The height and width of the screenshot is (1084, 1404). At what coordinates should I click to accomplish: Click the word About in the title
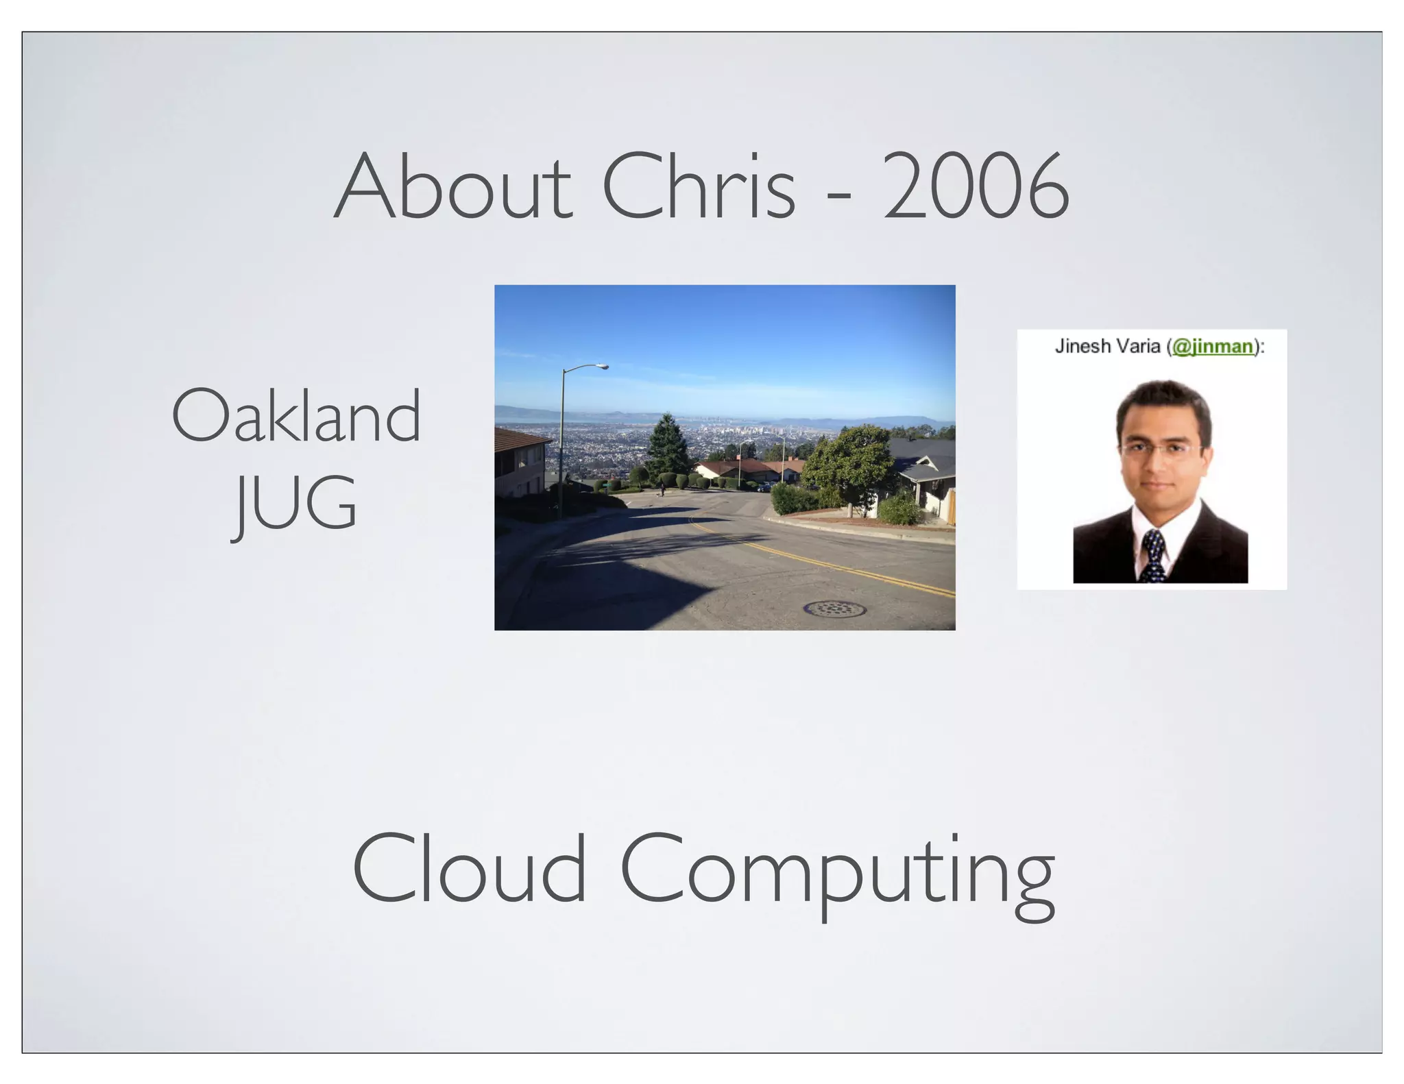tap(452, 186)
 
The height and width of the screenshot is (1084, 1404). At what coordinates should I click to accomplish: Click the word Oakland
tap(296, 416)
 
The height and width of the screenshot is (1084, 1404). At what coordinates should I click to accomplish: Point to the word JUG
tap(295, 504)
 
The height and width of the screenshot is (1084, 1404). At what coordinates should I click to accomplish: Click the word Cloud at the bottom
tap(470, 869)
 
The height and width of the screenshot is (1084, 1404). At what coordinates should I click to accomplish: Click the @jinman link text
tap(1212, 347)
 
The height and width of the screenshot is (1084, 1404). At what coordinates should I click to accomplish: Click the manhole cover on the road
tap(834, 608)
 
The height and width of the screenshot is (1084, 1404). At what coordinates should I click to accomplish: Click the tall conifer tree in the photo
tap(667, 445)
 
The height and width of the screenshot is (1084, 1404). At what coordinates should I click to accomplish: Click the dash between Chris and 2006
tap(839, 197)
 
